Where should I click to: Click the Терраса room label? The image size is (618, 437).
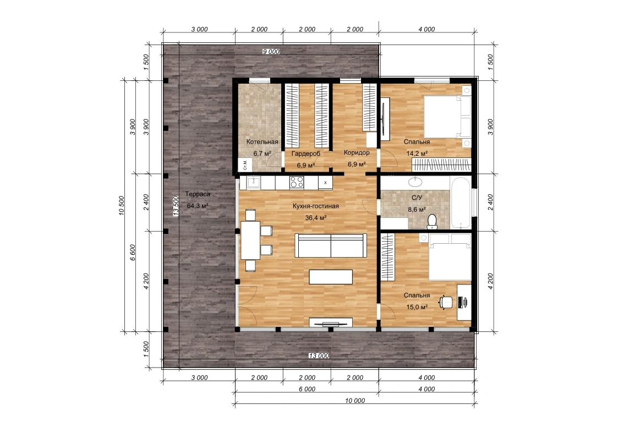(198, 194)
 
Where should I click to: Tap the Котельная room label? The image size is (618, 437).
(262, 141)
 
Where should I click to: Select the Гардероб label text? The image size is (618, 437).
(306, 154)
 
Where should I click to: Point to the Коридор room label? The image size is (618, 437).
(357, 152)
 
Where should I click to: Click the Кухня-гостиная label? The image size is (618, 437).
(316, 206)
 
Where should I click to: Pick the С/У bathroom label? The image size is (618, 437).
(417, 198)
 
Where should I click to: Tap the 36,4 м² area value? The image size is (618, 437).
(316, 217)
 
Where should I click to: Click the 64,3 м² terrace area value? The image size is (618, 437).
(198, 206)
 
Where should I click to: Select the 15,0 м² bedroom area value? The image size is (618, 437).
(417, 307)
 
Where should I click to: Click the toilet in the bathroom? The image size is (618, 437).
(433, 221)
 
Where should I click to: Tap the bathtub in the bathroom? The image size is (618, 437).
(461, 203)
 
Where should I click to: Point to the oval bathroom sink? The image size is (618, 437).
(415, 182)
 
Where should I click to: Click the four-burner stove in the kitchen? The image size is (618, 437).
(297, 182)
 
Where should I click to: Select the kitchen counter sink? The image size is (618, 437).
(254, 182)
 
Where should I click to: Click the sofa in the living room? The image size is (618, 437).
(331, 245)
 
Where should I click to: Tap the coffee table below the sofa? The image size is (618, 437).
(331, 277)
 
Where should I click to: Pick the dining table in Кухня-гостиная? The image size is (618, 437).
(251, 241)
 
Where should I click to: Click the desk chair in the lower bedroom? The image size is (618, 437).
(446, 302)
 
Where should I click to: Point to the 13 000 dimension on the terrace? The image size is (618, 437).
(319, 356)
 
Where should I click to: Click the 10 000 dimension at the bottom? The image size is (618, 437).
(355, 400)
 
